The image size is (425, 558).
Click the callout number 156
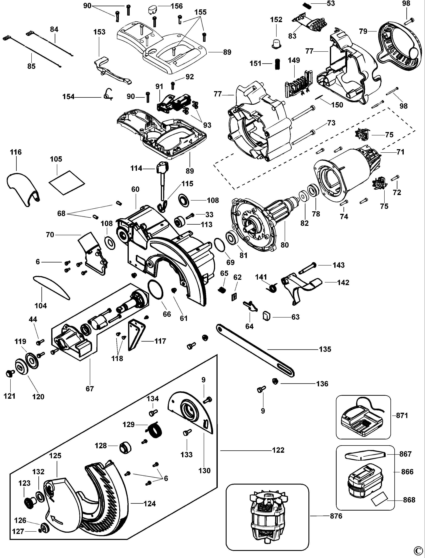click(177, 6)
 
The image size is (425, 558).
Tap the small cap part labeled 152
click(276, 44)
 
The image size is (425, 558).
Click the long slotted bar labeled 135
click(255, 351)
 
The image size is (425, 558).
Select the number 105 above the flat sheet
click(56, 159)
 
